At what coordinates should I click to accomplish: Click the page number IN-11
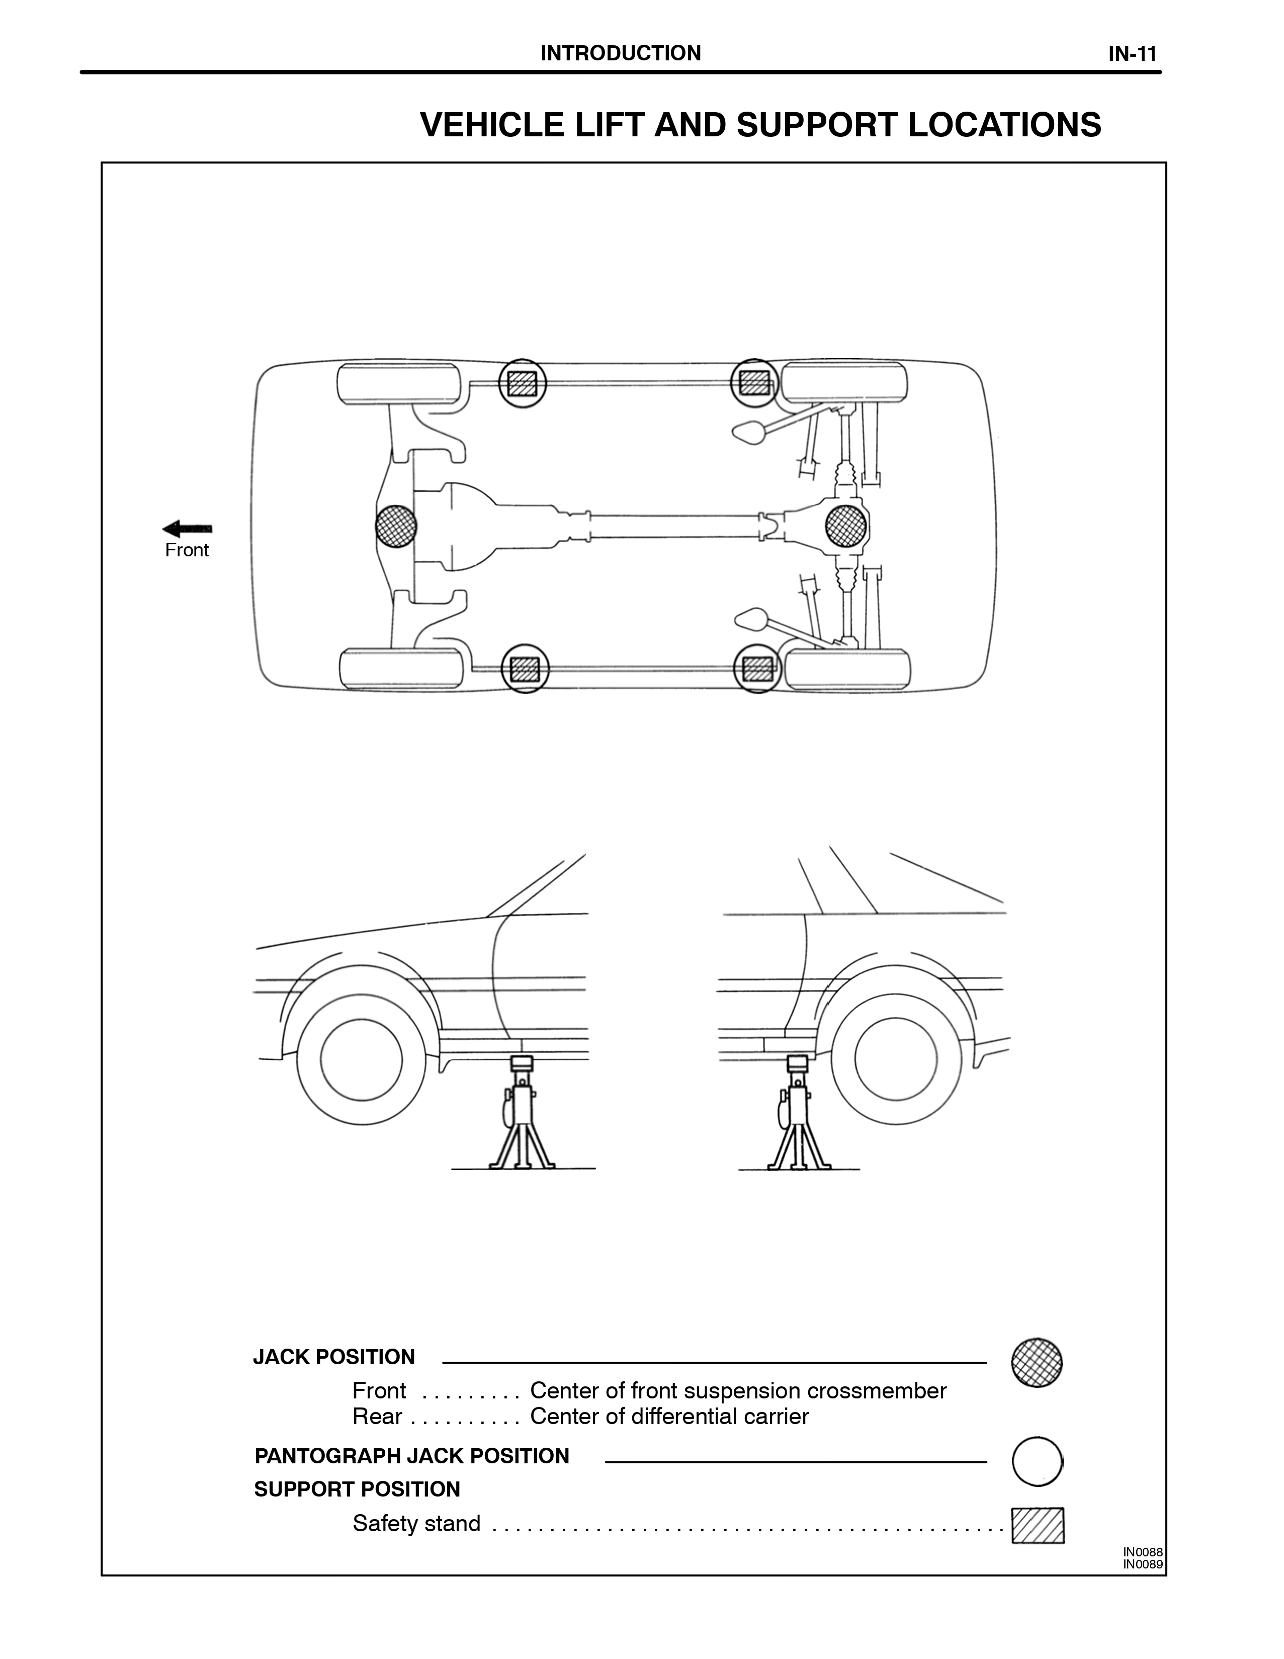(1132, 54)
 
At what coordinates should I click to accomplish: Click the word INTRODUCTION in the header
(620, 53)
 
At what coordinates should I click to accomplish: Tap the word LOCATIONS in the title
(1004, 125)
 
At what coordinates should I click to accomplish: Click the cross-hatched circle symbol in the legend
(1037, 1363)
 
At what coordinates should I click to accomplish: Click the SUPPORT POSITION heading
(357, 1489)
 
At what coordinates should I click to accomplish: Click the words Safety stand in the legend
(416, 1524)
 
